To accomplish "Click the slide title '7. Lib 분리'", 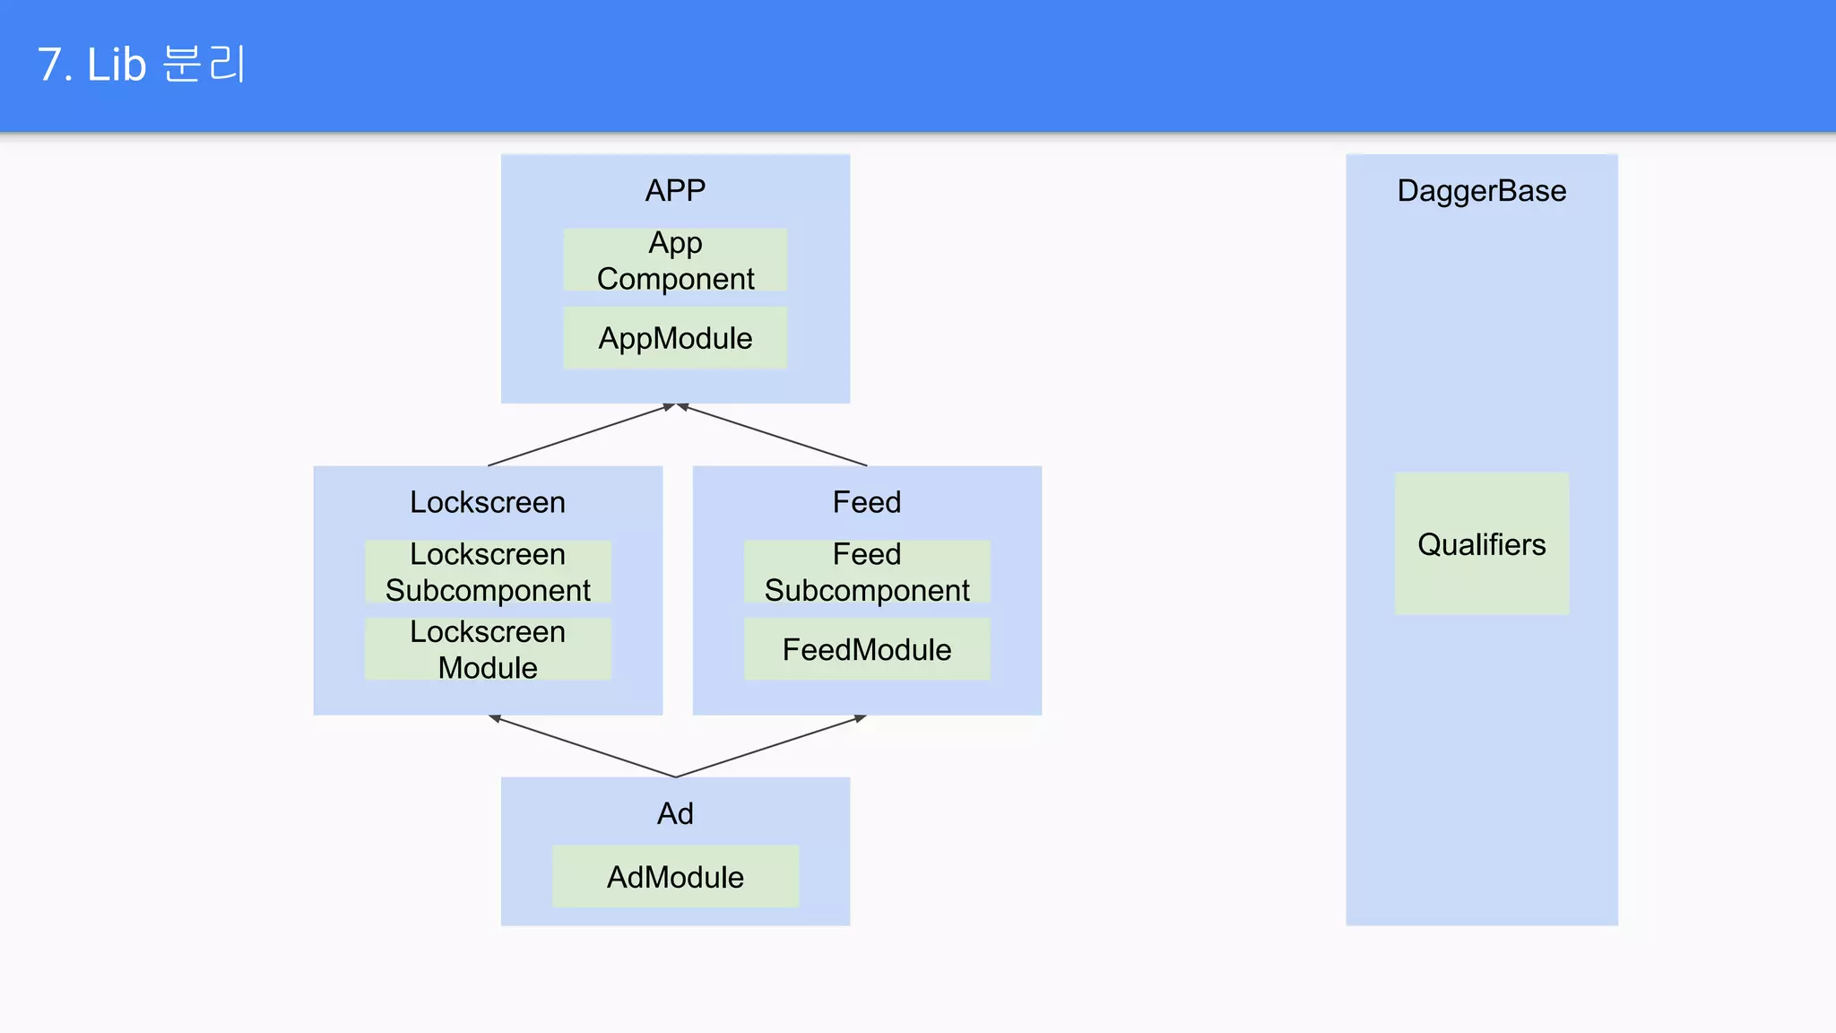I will point(141,65).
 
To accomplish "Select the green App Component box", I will point(675,259).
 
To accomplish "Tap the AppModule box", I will point(675,338).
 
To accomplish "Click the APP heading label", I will point(675,190).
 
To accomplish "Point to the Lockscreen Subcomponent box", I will point(488,571).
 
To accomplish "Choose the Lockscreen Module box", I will point(488,649).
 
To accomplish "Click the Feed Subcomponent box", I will point(867,571).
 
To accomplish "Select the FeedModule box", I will point(867,649).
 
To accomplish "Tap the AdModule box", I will point(675,876).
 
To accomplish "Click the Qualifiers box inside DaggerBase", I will point(1481,544).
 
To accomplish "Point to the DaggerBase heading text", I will point(1481,191).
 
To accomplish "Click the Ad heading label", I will point(675,813).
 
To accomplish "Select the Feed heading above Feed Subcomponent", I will point(867,502).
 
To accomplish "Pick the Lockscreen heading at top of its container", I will point(488,502).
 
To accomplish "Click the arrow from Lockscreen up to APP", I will point(581,435).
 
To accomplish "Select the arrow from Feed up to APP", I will point(773,435).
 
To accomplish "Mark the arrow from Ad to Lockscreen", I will point(583,746).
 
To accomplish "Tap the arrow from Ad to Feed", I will point(771,746).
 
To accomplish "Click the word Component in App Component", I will point(675,279).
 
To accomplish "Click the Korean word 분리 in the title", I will point(204,65).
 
